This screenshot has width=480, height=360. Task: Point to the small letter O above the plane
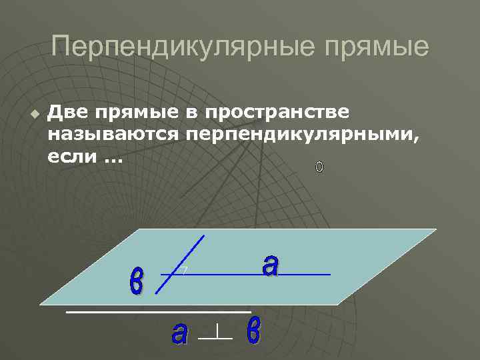(x=319, y=167)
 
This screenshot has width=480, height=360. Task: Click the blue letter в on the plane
(x=136, y=281)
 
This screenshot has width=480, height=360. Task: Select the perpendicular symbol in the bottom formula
(x=216, y=333)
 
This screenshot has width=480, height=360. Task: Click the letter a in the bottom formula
(x=179, y=333)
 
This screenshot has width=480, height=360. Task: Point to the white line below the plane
(x=158, y=311)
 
